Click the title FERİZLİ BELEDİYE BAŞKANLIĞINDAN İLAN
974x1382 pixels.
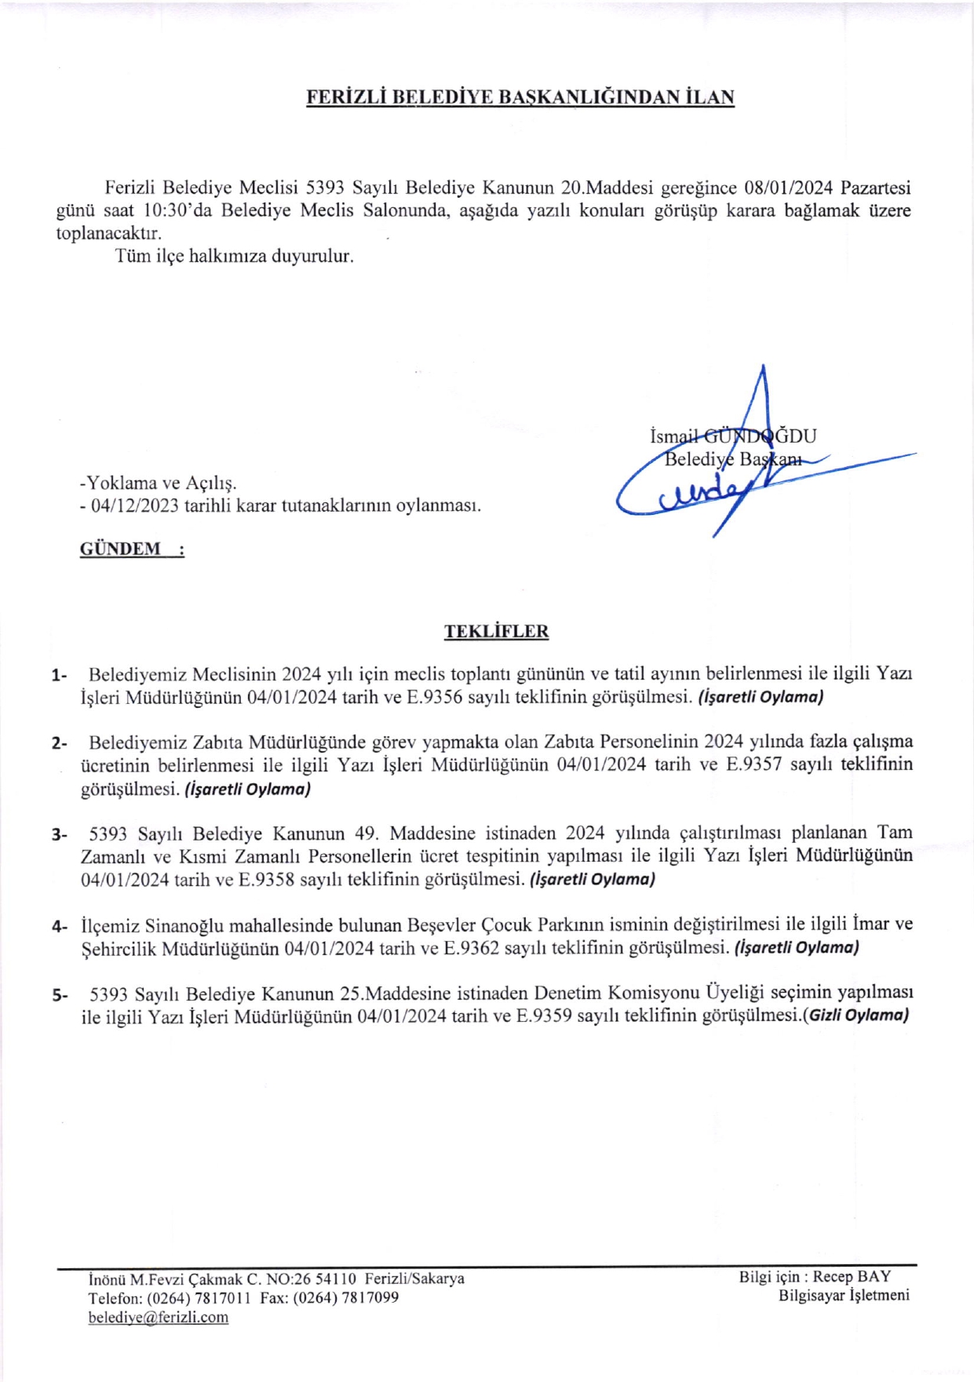click(x=520, y=97)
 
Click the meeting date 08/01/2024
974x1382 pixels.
click(x=788, y=188)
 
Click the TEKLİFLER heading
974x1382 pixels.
click(x=496, y=632)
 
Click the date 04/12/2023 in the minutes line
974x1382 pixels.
click(x=135, y=506)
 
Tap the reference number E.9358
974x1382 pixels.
click(x=267, y=880)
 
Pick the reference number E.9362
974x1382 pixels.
click(x=471, y=949)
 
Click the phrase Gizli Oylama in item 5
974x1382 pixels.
click(x=858, y=1016)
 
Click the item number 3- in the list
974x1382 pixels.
click(x=60, y=834)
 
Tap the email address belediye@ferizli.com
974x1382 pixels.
click(x=159, y=1318)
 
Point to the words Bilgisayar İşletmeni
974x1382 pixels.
click(x=844, y=1296)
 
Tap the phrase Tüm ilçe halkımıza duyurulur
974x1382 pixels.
click(x=234, y=257)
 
